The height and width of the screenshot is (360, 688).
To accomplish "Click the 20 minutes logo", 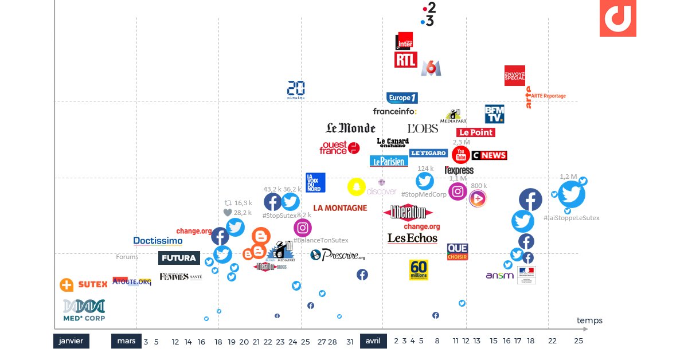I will [296, 89].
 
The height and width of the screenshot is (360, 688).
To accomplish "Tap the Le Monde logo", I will [350, 128].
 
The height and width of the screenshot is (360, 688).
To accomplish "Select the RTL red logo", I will [405, 60].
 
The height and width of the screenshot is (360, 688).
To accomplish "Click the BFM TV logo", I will [494, 114].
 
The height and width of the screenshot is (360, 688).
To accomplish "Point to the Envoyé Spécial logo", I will [514, 76].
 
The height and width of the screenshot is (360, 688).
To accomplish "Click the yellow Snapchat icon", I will [357, 187].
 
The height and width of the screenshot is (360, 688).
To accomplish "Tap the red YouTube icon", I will [460, 155].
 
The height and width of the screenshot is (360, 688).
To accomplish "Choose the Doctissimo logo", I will [158, 241].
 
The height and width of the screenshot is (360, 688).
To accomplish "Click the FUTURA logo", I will [179, 258].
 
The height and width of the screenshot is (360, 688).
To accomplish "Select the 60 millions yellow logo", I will [419, 270].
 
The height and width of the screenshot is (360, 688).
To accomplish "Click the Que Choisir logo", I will [458, 252].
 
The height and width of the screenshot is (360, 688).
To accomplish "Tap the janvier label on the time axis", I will [72, 341].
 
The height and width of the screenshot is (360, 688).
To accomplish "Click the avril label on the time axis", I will [373, 341].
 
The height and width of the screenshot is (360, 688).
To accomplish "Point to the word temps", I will [589, 320].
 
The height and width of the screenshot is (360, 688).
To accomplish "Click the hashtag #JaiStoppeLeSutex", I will [572, 218].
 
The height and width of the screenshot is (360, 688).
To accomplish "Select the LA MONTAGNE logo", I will [340, 208].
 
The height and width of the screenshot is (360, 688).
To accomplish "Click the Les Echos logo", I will [412, 238].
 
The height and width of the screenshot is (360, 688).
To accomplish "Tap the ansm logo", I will [499, 276].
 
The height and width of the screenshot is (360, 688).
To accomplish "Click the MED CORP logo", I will [84, 310].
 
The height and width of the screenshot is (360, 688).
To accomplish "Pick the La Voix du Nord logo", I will [315, 182].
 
